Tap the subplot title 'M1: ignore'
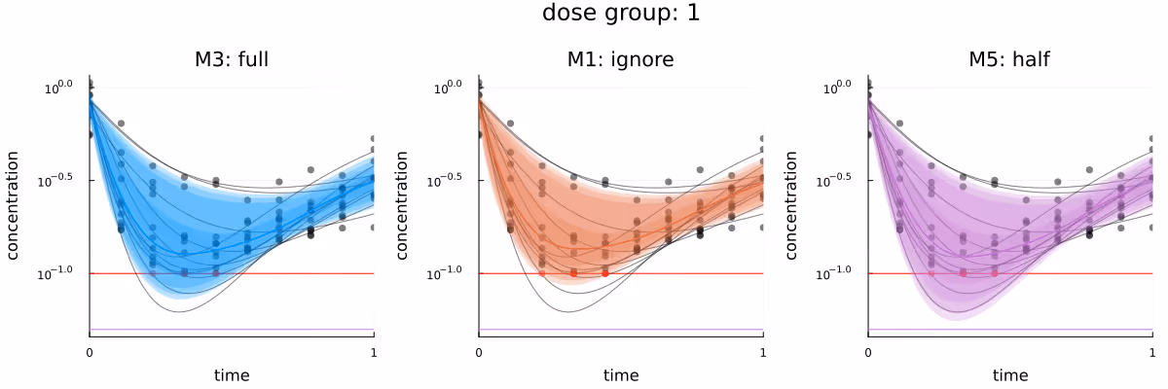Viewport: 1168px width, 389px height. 621,60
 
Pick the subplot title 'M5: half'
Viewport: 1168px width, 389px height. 1009,60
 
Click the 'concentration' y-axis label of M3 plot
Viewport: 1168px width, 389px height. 15,205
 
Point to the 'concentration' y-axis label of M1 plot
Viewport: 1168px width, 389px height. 404,205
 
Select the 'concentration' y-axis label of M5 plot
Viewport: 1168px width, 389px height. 793,205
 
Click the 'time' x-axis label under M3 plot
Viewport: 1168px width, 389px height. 232,374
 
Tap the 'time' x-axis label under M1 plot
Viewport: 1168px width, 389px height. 621,374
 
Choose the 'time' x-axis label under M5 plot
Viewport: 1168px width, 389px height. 1010,374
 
